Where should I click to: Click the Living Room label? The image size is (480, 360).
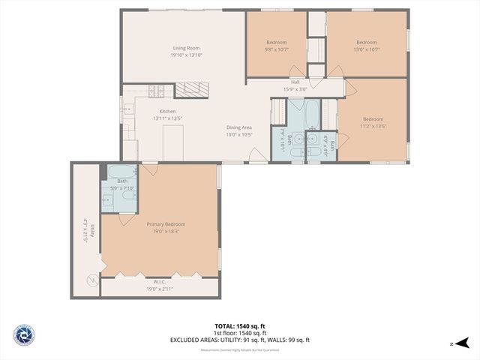pos(186,47)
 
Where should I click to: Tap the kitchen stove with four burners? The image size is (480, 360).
pos(157,91)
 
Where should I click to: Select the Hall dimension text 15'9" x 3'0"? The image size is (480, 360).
pos(295,89)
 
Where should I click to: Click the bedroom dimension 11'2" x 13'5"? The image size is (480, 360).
pos(373,126)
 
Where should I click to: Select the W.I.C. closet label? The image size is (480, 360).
pos(159,286)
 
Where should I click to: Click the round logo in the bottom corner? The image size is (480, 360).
pos(23,335)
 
